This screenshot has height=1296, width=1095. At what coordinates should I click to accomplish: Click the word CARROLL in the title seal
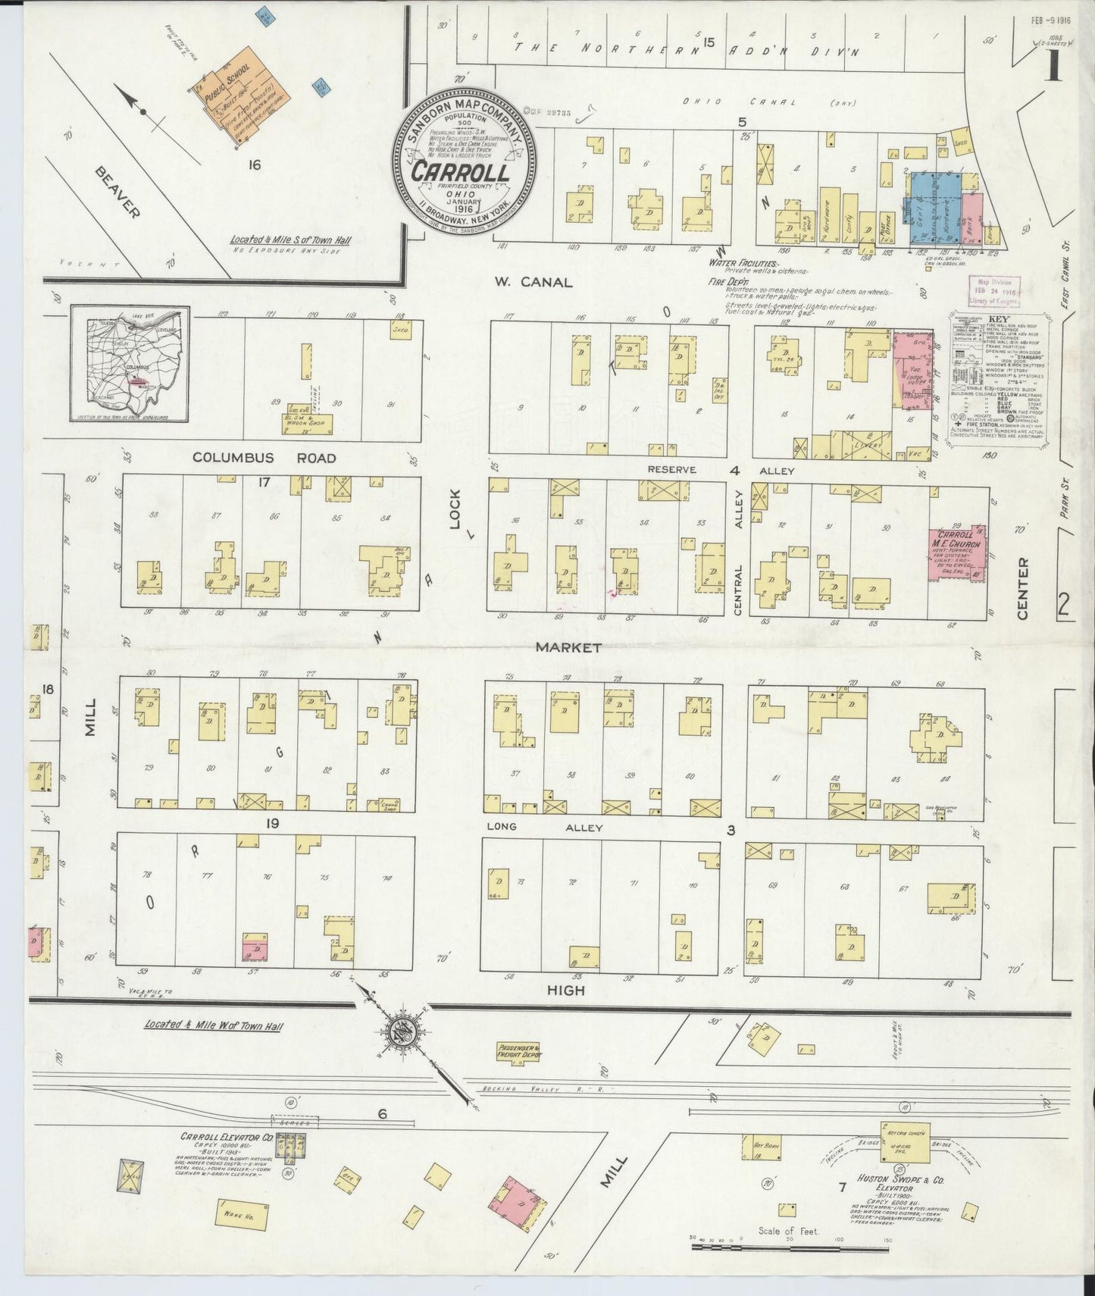click(461, 172)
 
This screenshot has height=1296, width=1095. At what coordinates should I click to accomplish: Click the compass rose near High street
click(403, 1031)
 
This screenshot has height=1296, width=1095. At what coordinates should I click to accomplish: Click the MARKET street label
click(568, 647)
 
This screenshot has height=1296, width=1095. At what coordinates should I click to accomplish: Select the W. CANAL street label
click(533, 282)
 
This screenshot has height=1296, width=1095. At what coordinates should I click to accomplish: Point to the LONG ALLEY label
click(545, 828)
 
